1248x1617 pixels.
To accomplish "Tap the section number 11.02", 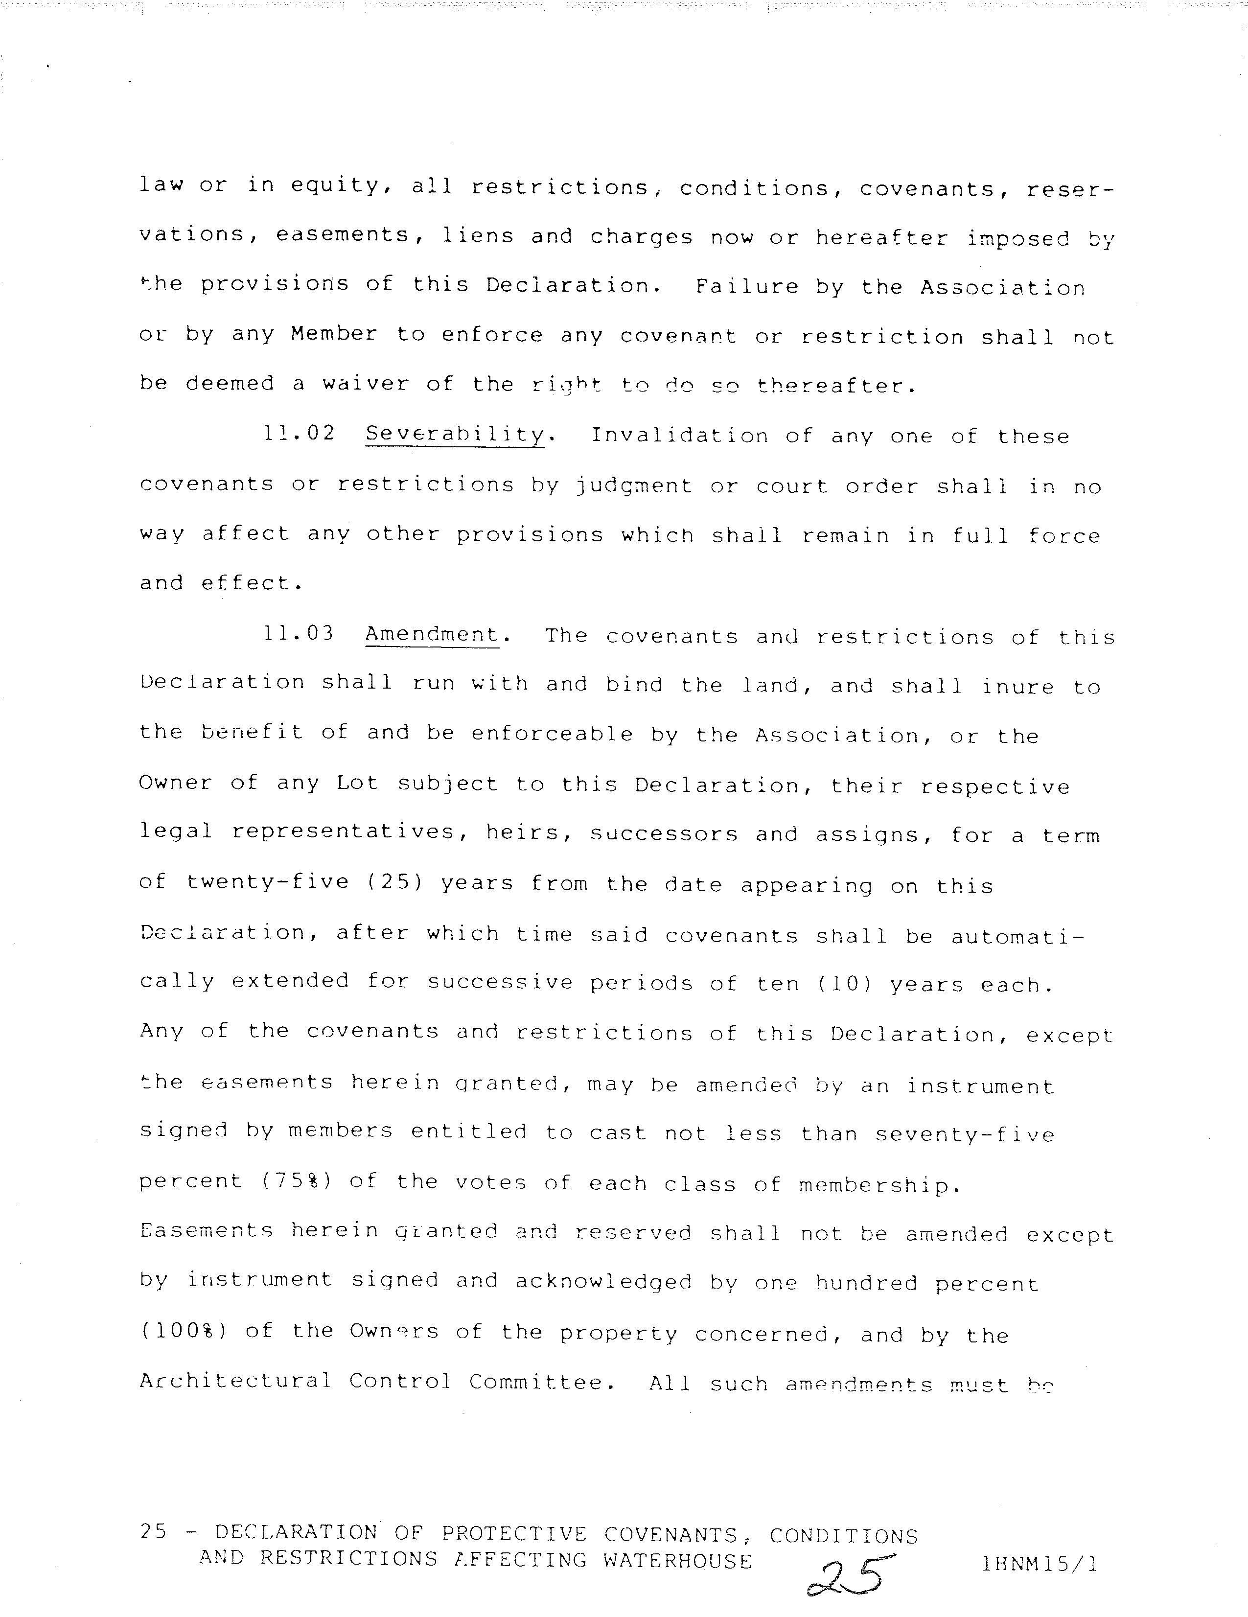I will point(299,434).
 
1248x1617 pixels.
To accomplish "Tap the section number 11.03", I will point(299,634).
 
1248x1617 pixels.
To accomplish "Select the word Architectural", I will point(235,1381).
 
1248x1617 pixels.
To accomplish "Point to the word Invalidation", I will point(679,436).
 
